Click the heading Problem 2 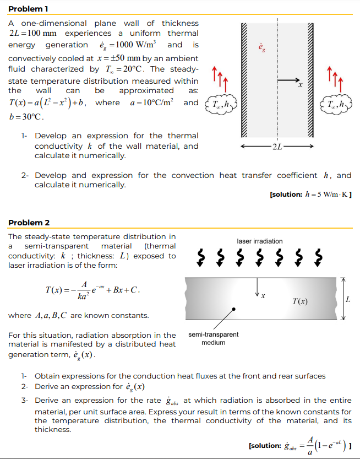pyautogui.click(x=29, y=223)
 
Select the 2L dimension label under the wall pyautogui.click(x=277, y=146)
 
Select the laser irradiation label pyautogui.click(x=260, y=241)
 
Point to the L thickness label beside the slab pyautogui.click(x=347, y=299)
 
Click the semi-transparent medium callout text pyautogui.click(x=214, y=338)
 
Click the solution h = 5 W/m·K pyautogui.click(x=311, y=195)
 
